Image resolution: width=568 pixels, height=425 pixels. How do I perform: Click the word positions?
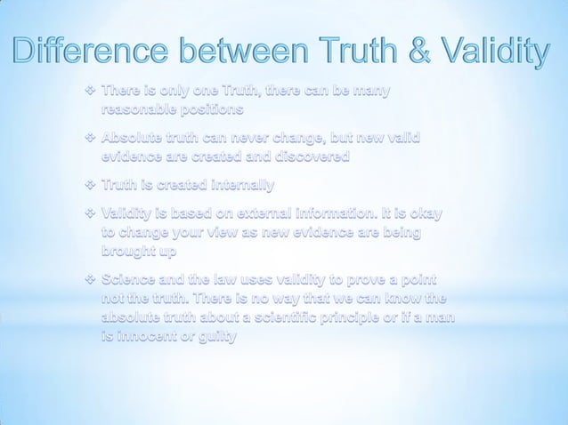point(213,111)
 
